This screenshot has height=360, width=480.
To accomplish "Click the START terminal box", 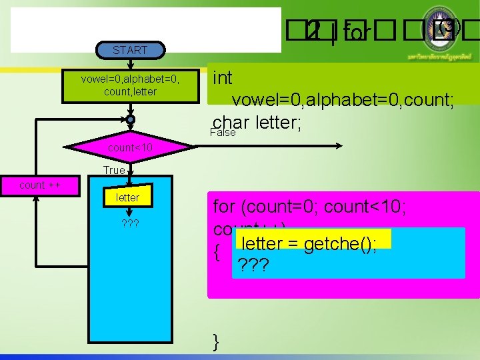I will pos(130,50).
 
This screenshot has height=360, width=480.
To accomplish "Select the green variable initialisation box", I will pos(130,85).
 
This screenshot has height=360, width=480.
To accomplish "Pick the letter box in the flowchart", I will pos(127,197).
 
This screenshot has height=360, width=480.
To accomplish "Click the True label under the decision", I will pos(114,170).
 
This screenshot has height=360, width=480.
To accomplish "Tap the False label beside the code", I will pos(223,133).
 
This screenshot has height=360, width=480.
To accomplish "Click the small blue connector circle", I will pos(130,119).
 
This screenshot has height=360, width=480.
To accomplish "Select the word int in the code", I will pos(223,78).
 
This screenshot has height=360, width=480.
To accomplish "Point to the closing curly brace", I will pos(215,343).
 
